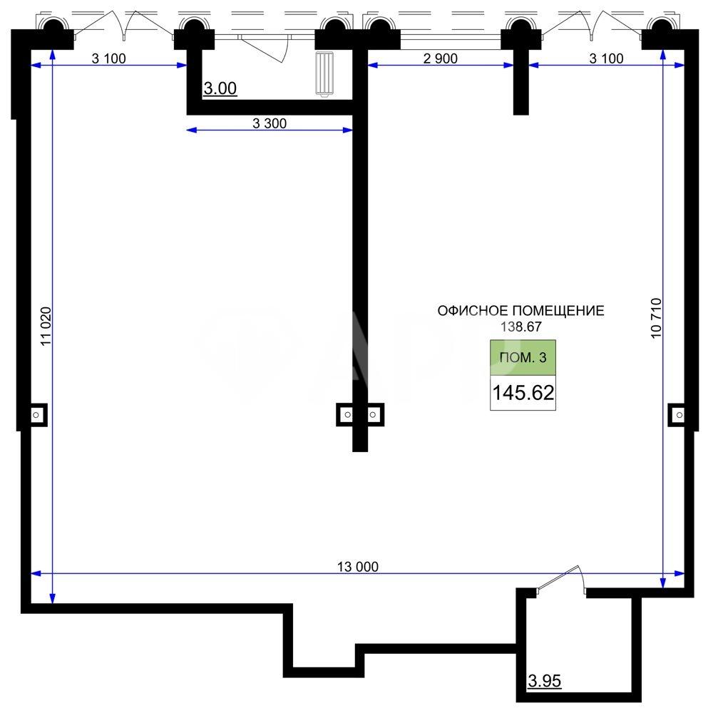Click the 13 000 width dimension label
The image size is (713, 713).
tap(358, 567)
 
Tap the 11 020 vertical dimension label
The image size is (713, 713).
tap(46, 327)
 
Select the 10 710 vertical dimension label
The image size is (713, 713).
tap(656, 318)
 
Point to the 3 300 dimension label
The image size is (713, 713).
tap(270, 123)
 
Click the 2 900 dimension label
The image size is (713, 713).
tap(440, 58)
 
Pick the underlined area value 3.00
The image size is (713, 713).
tap(220, 88)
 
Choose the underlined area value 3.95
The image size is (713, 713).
tap(545, 681)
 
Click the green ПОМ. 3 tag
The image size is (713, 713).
tap(523, 357)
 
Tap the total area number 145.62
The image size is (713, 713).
tap(523, 393)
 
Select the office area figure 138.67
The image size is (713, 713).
tap(521, 327)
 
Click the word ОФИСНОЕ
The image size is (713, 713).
tap(473, 311)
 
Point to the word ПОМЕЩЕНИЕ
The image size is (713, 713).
tap(559, 311)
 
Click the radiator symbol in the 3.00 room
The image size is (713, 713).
tap(324, 74)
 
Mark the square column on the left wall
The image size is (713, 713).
tap(37, 415)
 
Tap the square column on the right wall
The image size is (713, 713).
tap(678, 415)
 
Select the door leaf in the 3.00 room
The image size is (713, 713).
tap(265, 48)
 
